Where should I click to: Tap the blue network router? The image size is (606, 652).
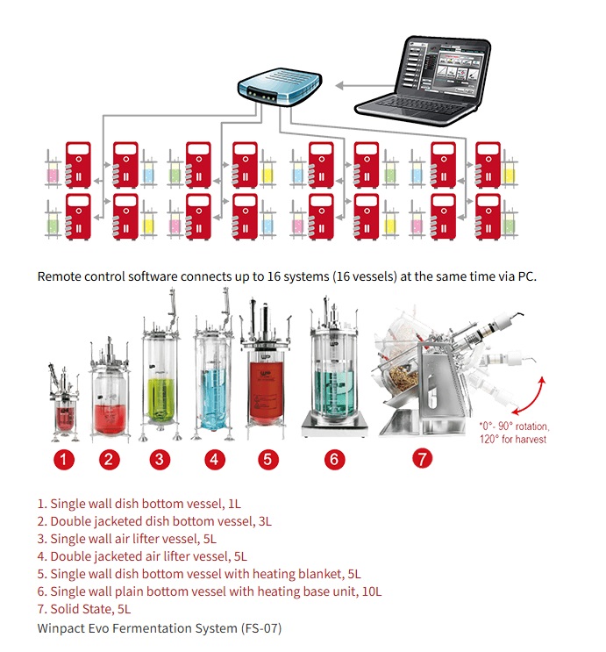[280, 88]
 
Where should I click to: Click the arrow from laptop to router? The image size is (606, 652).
[365, 86]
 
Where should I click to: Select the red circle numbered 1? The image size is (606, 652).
[64, 460]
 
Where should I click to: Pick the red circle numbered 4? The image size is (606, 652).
[214, 460]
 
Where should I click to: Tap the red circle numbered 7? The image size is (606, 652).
[423, 459]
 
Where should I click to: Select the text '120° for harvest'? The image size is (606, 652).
[513, 439]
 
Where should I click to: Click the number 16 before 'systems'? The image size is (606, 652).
[273, 276]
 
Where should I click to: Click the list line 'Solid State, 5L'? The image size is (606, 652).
[84, 609]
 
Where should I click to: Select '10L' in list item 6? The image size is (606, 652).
[372, 591]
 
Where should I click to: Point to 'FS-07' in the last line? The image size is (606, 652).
[261, 628]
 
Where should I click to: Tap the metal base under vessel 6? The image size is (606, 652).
[335, 426]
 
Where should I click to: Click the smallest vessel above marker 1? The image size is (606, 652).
[64, 403]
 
